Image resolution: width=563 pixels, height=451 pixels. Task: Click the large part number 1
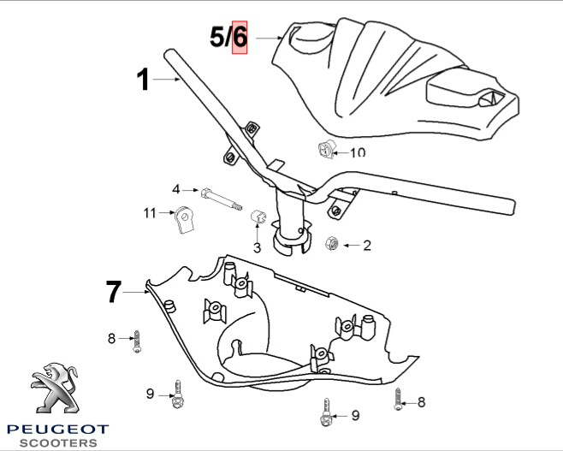144,80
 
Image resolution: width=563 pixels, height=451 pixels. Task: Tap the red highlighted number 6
240,37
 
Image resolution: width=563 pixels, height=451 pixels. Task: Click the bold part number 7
114,292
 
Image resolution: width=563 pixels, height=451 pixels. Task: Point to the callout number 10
357,151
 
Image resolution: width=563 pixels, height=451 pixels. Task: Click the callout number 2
367,246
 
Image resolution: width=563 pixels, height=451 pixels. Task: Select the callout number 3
256,249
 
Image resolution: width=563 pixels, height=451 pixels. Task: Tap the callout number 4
176,189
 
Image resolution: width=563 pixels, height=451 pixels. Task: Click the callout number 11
149,212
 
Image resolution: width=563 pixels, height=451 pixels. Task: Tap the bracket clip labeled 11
183,222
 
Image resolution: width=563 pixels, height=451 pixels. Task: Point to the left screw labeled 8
136,341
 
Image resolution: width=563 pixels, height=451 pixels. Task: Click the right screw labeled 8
397,399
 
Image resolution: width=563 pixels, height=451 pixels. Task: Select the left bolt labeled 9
177,395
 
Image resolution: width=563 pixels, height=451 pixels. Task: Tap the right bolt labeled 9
328,415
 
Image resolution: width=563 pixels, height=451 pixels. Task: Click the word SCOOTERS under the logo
58,443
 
